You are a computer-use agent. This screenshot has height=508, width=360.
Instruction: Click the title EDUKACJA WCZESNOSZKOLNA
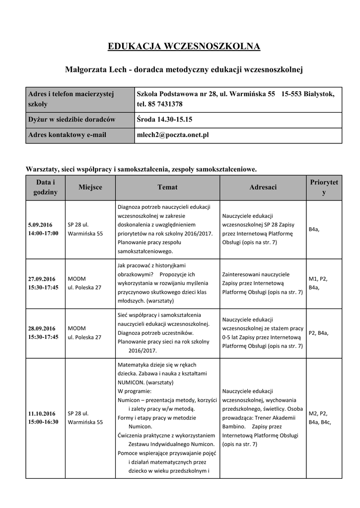tap(184, 47)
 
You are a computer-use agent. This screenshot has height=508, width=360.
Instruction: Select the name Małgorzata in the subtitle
tap(86, 70)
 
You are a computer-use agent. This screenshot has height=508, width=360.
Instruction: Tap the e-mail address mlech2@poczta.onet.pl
tap(173, 135)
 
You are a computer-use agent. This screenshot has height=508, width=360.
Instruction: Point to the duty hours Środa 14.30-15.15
tap(164, 120)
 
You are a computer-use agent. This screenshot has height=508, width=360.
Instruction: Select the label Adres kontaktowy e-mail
tap(67, 135)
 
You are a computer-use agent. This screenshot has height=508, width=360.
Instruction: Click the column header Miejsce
tap(90, 188)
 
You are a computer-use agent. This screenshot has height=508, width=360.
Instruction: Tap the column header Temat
tap(167, 188)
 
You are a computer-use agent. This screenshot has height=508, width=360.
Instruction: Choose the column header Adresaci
tap(263, 188)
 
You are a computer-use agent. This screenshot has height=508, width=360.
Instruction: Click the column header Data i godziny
tap(45, 188)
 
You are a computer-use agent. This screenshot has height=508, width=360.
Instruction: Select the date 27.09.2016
tap(42, 279)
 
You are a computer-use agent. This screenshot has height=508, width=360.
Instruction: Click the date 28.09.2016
tap(42, 328)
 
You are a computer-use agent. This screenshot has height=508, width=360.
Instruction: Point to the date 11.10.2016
tap(42, 413)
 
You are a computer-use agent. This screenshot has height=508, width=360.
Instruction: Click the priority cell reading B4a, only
tap(314, 229)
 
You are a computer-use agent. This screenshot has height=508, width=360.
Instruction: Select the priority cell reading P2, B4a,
tap(318, 333)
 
